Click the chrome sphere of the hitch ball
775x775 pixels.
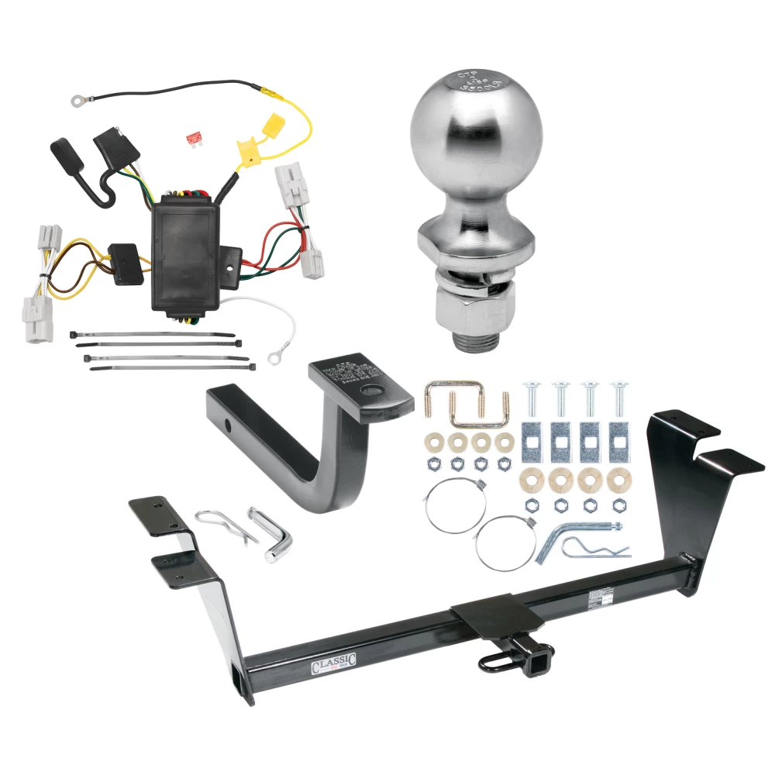(x=467, y=139)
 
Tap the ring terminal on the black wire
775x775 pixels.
(x=77, y=100)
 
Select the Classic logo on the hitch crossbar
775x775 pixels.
(x=334, y=664)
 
